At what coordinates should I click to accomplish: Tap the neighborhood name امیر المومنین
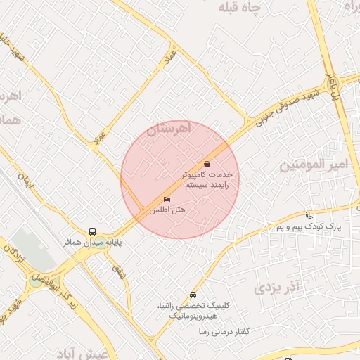click(x=314, y=165)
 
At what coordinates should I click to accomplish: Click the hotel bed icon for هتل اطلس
click(x=167, y=199)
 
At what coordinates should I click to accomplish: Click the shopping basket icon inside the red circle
click(x=207, y=164)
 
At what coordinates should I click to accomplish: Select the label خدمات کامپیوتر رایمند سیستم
click(x=207, y=179)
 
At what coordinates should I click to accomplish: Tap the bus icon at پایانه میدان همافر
click(x=92, y=231)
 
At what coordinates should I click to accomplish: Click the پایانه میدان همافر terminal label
click(x=93, y=242)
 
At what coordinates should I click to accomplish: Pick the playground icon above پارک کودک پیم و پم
click(x=309, y=215)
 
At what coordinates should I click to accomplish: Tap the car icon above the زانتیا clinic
click(x=193, y=295)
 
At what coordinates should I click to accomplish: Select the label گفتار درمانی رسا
click(x=226, y=331)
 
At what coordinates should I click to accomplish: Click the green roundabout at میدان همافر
click(x=36, y=281)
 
